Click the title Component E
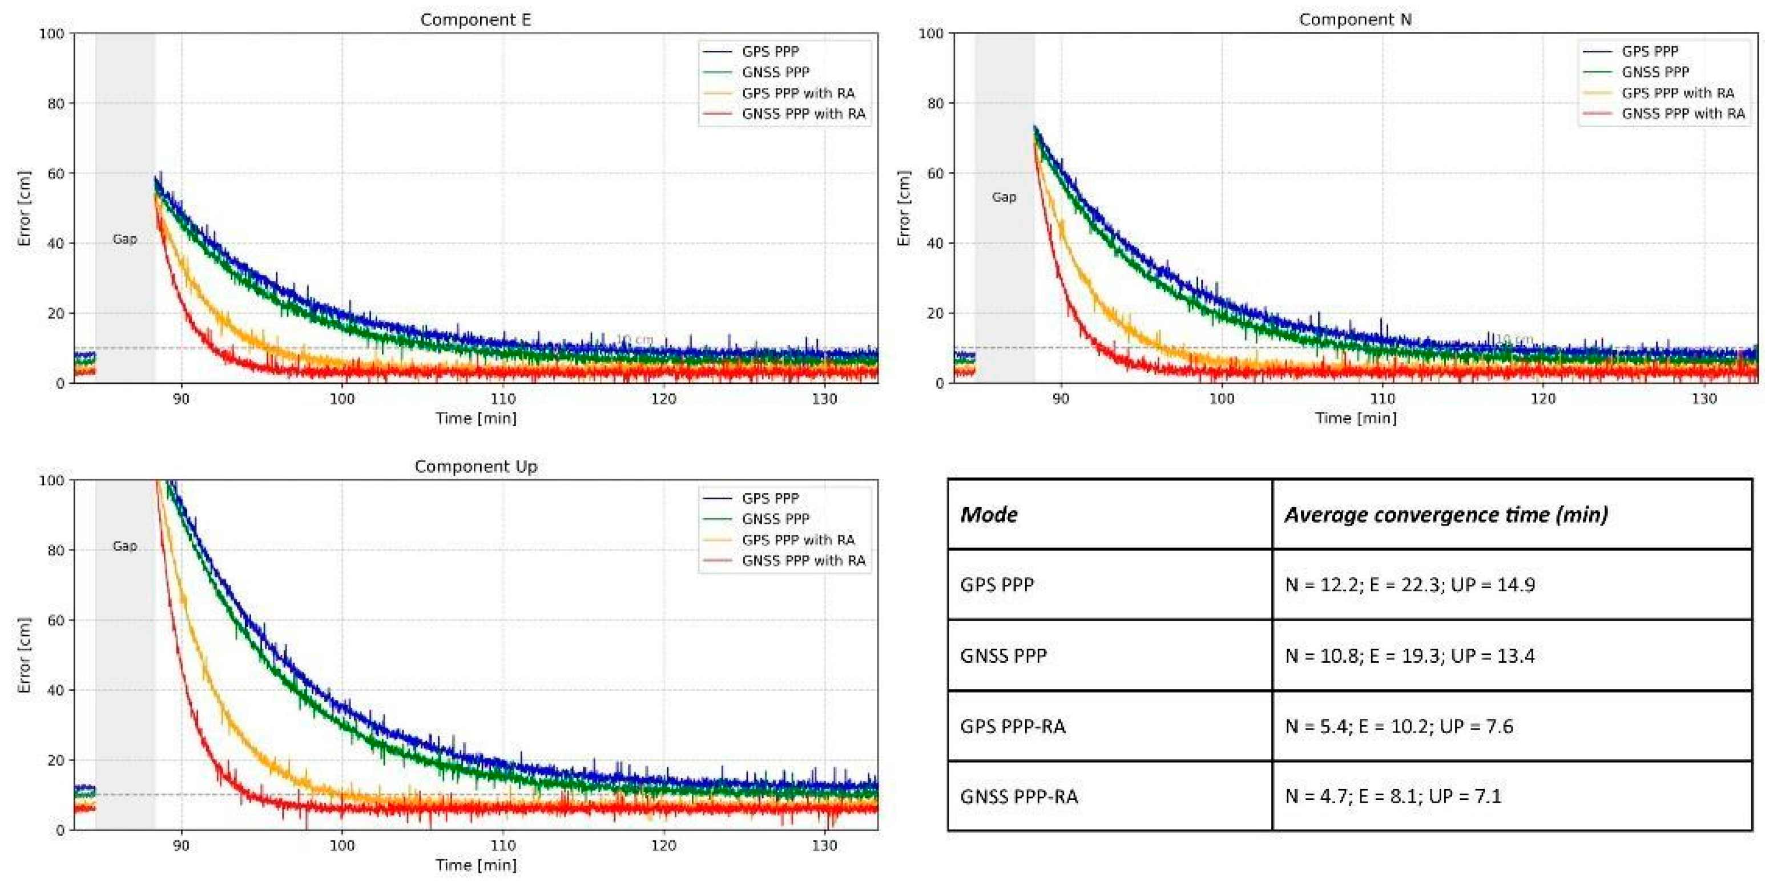(x=475, y=20)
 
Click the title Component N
(x=1355, y=20)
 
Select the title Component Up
(x=475, y=466)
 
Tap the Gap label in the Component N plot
(x=1004, y=197)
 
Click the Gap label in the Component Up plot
(x=124, y=546)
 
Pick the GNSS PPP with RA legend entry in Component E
(x=803, y=114)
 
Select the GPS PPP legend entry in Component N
(x=1650, y=51)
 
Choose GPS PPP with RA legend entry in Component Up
(x=798, y=540)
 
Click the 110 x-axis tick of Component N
(x=1382, y=399)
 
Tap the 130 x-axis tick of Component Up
(x=824, y=845)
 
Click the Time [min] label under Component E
(x=476, y=418)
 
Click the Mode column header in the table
(x=989, y=514)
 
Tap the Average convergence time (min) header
(x=1446, y=514)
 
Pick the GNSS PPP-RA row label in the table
(x=1019, y=796)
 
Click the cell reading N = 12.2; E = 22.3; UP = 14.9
(x=1409, y=585)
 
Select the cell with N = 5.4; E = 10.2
(x=1399, y=726)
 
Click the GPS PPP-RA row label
(x=1013, y=726)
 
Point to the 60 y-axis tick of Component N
(x=934, y=173)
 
